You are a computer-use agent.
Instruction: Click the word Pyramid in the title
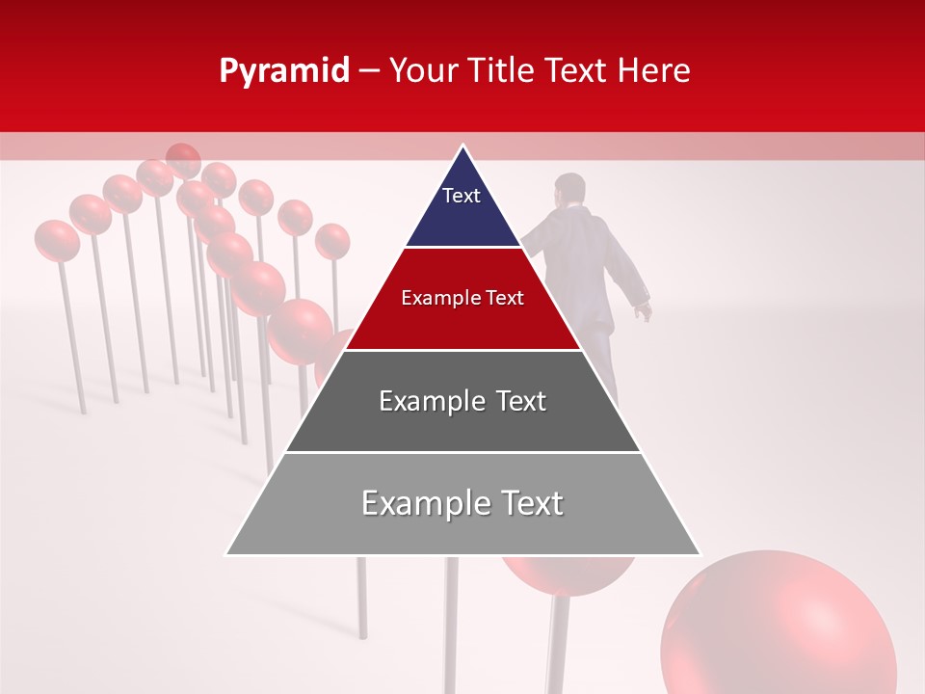283,71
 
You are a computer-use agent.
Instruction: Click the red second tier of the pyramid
462,323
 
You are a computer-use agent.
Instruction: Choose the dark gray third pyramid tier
462,424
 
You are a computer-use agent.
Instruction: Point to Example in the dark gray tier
429,401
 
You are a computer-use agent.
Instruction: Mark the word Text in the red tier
502,299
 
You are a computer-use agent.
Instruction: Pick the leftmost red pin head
57,240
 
